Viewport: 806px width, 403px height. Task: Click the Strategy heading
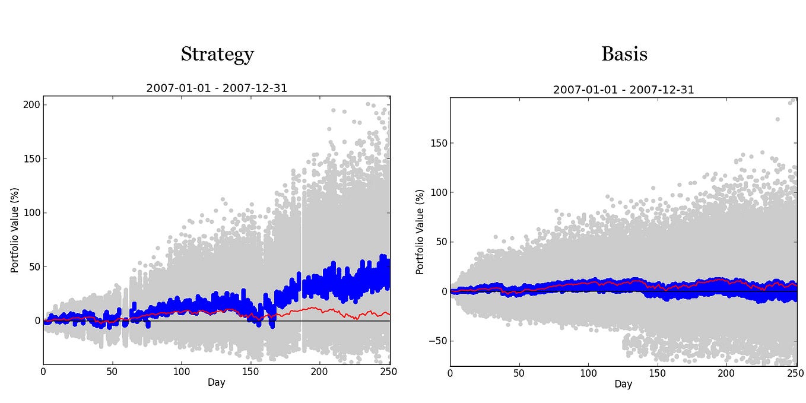(x=217, y=55)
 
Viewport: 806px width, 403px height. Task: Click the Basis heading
(x=624, y=55)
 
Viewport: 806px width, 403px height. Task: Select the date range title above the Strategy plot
(x=217, y=88)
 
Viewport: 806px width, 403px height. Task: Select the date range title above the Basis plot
(x=623, y=90)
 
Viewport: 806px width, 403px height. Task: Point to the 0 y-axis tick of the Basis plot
(x=443, y=291)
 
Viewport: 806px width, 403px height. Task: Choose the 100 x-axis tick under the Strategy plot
(x=182, y=372)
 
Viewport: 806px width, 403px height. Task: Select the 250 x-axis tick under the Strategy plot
(x=389, y=372)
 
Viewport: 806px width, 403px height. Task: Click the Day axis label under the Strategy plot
(x=216, y=383)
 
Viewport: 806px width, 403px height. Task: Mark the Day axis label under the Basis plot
(x=623, y=385)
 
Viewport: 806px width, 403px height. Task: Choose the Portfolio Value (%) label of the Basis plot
(x=420, y=231)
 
